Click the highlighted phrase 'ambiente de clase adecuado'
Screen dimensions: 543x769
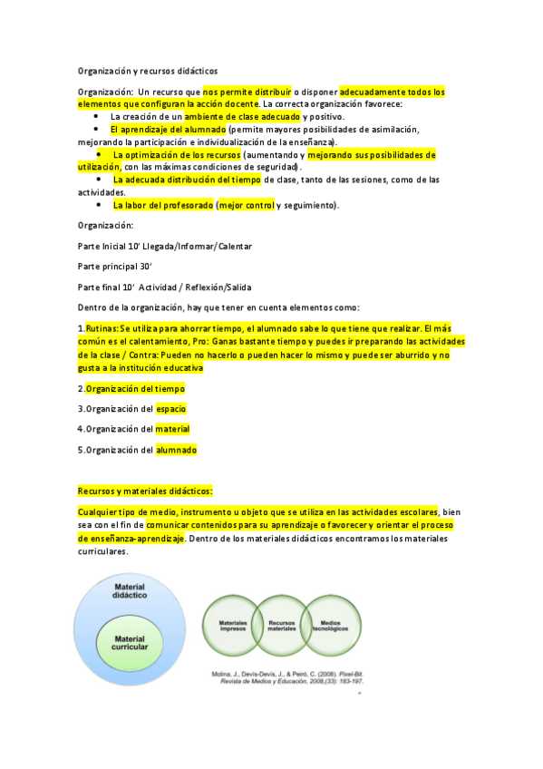[x=242, y=117]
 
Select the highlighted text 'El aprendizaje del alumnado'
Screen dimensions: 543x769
[x=168, y=130]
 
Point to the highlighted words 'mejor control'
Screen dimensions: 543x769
[x=247, y=206]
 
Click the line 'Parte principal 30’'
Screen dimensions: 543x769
[x=113, y=266]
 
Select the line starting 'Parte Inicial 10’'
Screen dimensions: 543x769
[x=165, y=246]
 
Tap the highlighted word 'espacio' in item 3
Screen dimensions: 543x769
[x=171, y=409]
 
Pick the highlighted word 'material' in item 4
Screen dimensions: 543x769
[x=172, y=429]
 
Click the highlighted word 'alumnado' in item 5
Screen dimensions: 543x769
[x=176, y=450]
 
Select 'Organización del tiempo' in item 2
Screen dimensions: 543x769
[x=135, y=388]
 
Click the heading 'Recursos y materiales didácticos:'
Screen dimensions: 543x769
[x=145, y=491]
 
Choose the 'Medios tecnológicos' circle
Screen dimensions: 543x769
[x=335, y=626]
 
